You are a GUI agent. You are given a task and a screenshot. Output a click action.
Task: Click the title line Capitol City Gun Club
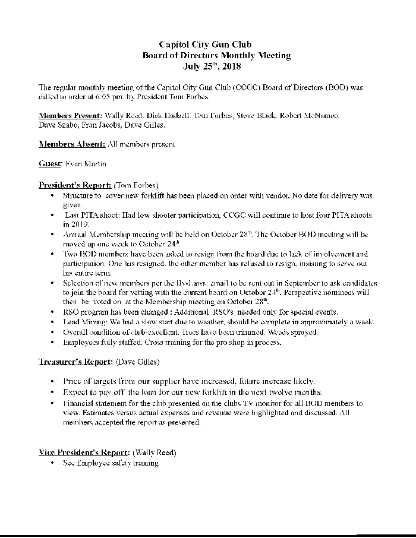(205, 45)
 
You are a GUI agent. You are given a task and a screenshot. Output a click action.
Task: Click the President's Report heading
(74, 184)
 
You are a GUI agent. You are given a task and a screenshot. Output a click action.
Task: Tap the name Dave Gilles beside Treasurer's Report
(137, 361)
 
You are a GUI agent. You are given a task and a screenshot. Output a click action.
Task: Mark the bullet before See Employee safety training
(53, 463)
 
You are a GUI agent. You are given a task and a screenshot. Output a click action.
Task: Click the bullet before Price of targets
(53, 381)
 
